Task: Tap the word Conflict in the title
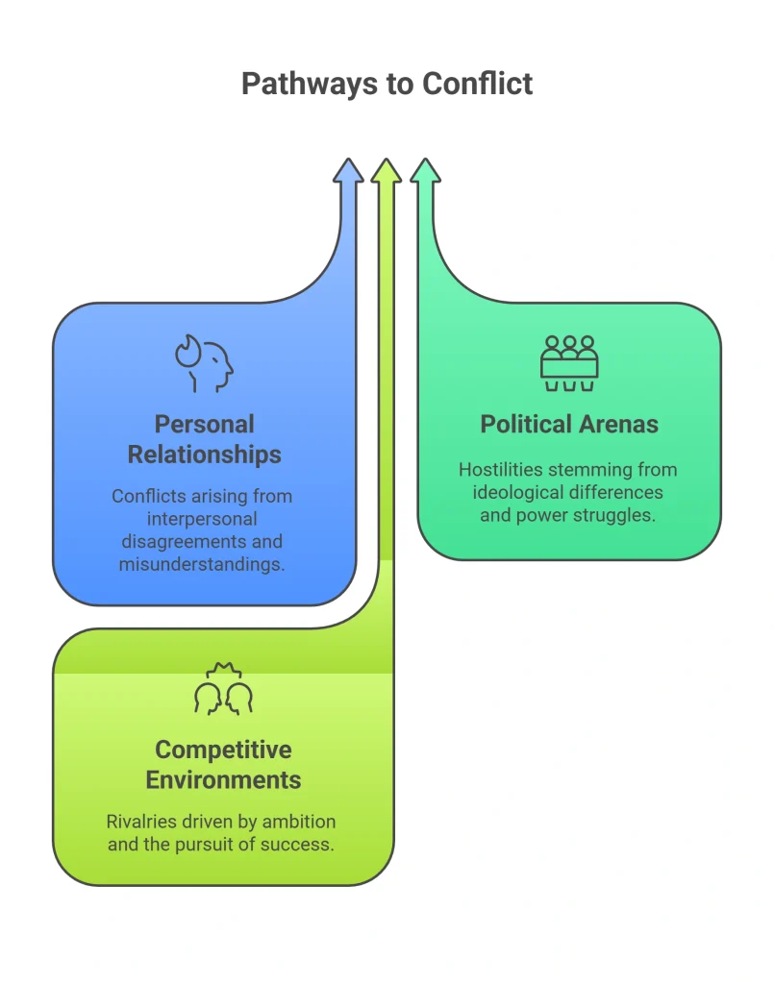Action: pos(477,84)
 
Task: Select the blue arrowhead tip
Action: pos(348,159)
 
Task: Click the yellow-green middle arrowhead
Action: pos(387,171)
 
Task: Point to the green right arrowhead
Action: pos(426,171)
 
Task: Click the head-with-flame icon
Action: pos(204,363)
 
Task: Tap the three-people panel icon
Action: pos(569,363)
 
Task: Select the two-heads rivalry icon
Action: pos(223,688)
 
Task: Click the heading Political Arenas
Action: pos(569,424)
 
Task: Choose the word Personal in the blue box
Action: pos(205,424)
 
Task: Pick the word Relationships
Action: pos(205,455)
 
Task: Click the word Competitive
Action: pos(223,750)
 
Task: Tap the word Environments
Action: pos(223,780)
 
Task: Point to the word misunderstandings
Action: pos(202,564)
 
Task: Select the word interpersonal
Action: pos(202,519)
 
